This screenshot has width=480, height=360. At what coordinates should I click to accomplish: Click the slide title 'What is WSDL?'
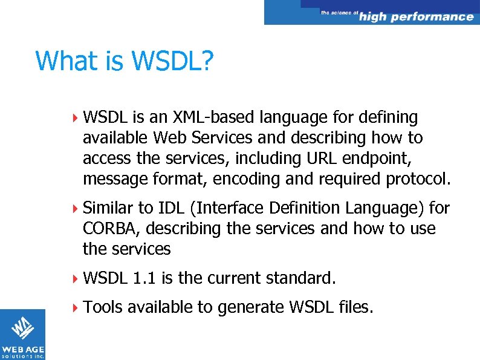pyautogui.click(x=124, y=61)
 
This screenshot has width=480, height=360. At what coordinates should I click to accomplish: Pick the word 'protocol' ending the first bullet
pyautogui.click(x=417, y=180)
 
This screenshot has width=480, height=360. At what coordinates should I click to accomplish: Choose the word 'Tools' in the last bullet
pyautogui.click(x=102, y=307)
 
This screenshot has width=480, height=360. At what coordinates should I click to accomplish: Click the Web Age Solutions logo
pyautogui.click(x=22, y=335)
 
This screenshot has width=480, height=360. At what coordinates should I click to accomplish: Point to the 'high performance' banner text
pyautogui.click(x=416, y=16)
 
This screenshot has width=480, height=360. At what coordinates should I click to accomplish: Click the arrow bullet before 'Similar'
pyautogui.click(x=75, y=209)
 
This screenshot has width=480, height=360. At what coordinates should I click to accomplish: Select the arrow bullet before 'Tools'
pyautogui.click(x=75, y=308)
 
